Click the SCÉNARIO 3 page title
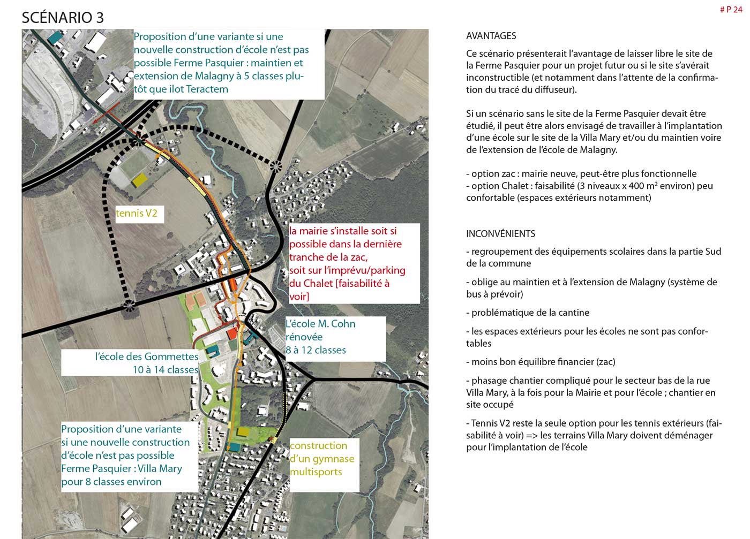pos(63,17)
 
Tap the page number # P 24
pos(731,10)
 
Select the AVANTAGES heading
pos(491,36)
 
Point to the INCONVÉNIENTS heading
pos(500,233)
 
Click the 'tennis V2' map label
pos(137,213)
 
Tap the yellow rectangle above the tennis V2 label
pos(139,180)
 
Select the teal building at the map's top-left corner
pos(55,37)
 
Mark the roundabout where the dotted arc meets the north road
pos(276,166)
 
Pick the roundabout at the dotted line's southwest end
pos(129,305)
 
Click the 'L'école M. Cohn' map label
pos(320,324)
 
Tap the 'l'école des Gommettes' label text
pos(146,356)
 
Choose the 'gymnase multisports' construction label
pos(321,459)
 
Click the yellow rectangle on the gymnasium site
pos(243,431)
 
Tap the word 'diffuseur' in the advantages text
pos(557,89)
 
